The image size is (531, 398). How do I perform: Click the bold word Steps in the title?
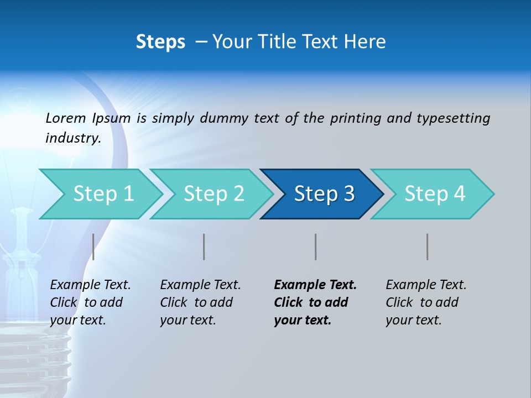pos(160,42)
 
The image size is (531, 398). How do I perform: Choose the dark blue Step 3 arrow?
pos(324,194)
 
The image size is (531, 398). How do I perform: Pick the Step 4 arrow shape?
pos(435,194)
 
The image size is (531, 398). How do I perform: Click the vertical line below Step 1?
pos(93,247)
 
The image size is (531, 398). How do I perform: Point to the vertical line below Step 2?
pos(204,247)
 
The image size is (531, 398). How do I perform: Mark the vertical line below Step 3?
pos(316,247)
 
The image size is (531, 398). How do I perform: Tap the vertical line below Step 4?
pos(428,247)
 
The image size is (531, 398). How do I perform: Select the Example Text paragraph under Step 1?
pos(90,302)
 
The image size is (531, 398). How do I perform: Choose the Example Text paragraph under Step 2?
pos(200,302)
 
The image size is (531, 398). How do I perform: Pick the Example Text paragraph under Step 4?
pos(426,302)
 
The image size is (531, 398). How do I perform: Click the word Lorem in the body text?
pos(65,118)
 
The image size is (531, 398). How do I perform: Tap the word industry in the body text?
pos(72,138)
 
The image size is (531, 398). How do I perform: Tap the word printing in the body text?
pos(354,118)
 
